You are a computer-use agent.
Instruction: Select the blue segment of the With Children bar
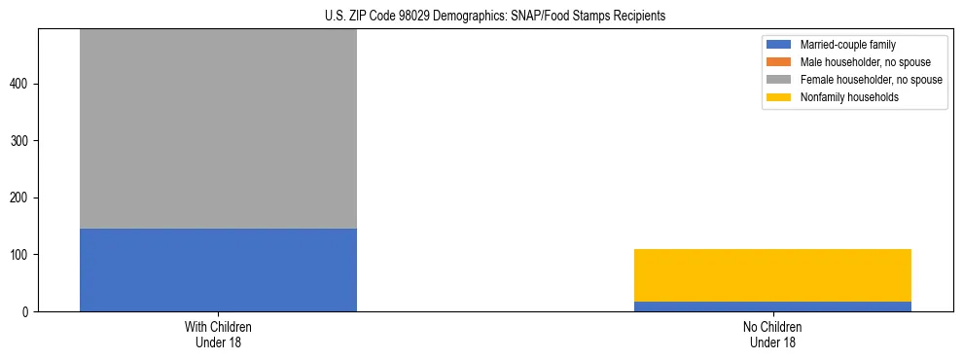pos(218,270)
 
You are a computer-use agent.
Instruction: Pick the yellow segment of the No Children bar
pos(772,275)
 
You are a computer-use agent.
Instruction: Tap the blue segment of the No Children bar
pos(772,306)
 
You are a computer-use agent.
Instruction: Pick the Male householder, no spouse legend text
pos(861,62)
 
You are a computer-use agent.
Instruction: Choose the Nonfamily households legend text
pos(842,97)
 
